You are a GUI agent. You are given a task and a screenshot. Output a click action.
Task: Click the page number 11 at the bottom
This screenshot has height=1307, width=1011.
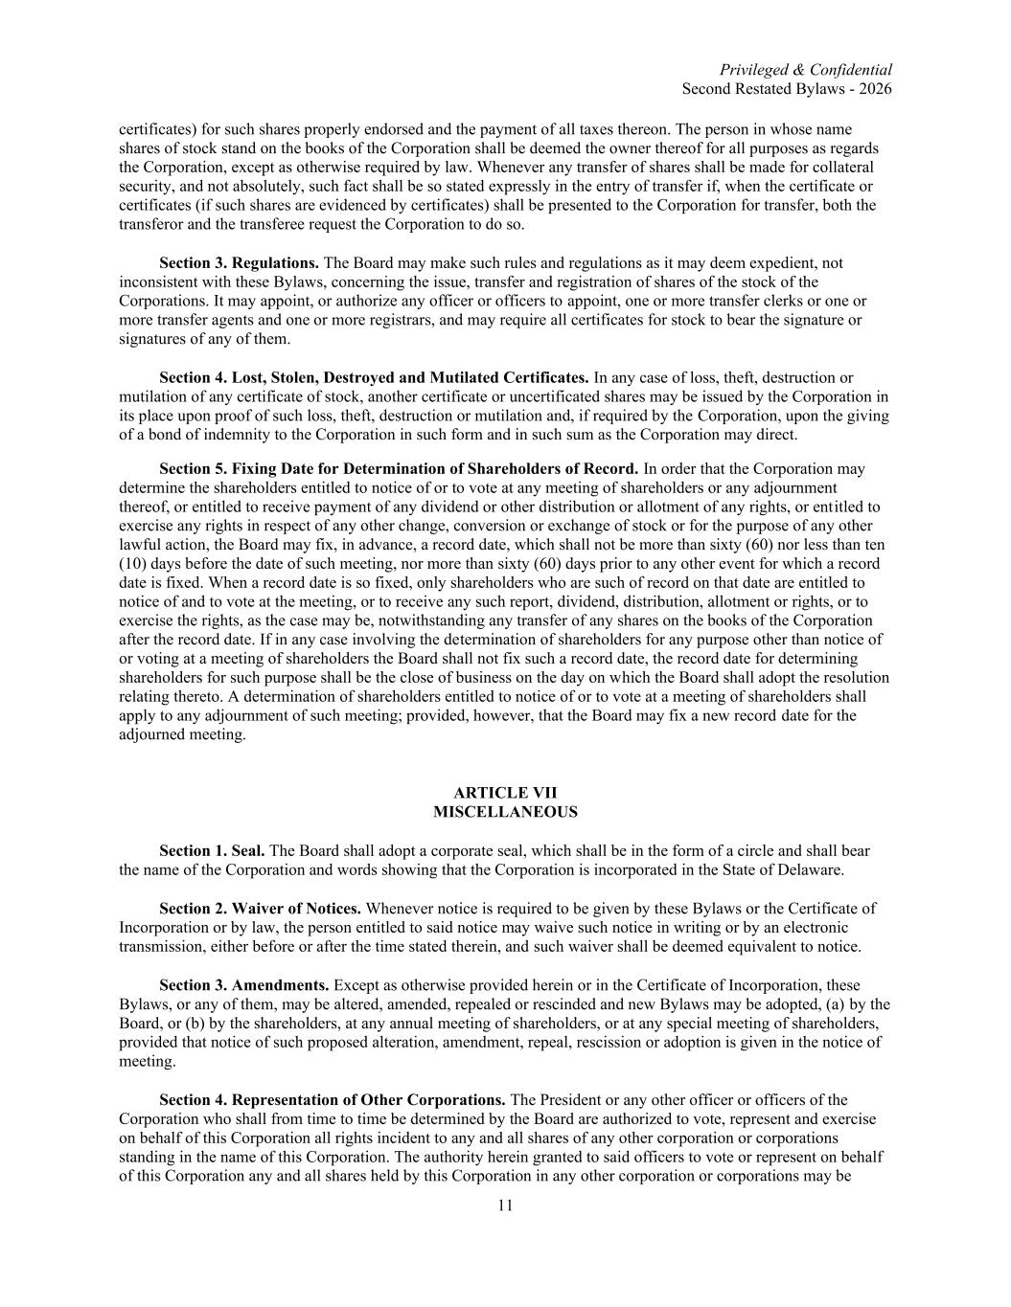point(505,1206)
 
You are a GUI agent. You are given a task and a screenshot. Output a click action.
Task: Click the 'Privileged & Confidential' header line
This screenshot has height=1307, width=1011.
point(805,70)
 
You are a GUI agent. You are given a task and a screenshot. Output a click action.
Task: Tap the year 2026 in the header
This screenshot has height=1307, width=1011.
point(875,89)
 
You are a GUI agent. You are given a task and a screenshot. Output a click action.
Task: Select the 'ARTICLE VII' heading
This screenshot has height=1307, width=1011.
point(505,793)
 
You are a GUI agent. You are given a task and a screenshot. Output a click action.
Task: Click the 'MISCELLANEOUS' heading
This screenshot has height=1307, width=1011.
point(505,812)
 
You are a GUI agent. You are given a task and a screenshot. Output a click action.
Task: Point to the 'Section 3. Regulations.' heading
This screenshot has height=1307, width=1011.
point(239,262)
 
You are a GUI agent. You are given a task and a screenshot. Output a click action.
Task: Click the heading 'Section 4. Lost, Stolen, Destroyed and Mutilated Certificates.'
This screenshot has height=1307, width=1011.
point(374,377)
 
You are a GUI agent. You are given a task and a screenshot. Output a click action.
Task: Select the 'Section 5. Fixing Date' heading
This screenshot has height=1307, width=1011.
point(398,468)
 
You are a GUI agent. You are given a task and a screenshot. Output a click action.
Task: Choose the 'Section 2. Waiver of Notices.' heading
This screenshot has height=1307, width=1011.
point(260,908)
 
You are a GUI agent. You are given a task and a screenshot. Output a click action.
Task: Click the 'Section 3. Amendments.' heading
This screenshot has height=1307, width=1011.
point(243,984)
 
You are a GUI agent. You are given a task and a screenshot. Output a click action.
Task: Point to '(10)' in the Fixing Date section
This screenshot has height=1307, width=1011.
point(134,563)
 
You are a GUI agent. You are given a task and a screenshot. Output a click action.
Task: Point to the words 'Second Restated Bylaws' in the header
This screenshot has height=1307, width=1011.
point(761,89)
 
